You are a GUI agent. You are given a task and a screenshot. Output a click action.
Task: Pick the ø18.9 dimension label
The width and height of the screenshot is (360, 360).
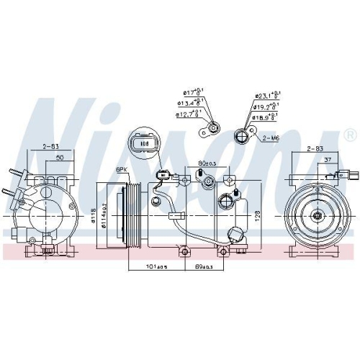click(x=265, y=117)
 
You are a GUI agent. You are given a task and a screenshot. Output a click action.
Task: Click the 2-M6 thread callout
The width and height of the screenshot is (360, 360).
click(x=271, y=137)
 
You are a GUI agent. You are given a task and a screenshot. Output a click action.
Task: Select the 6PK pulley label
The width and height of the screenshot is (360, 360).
click(x=122, y=169)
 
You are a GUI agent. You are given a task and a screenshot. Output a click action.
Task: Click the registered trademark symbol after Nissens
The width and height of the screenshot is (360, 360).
click(x=350, y=135)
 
